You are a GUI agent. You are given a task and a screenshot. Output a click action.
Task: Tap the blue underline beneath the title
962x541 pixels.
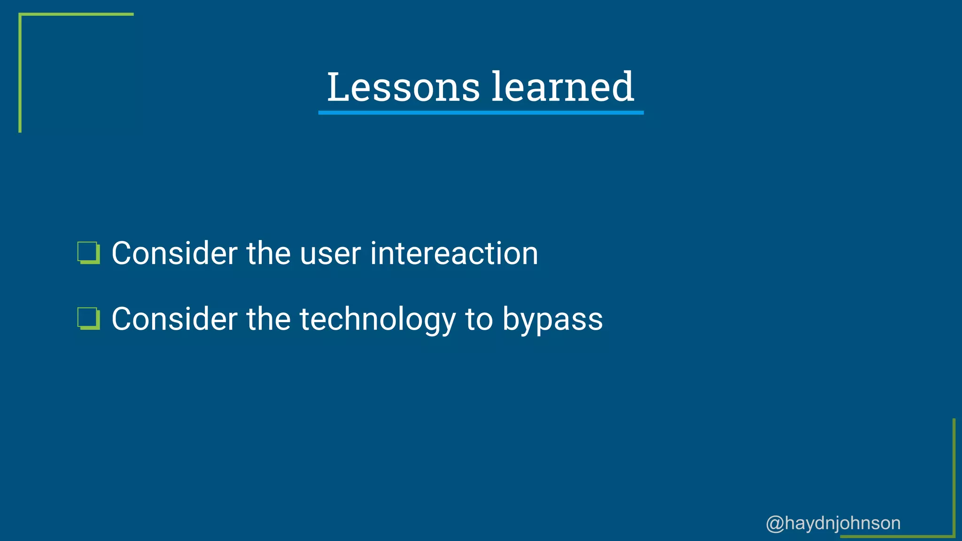click(x=481, y=113)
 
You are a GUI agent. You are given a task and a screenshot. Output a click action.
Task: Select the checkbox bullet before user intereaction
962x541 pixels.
click(x=88, y=253)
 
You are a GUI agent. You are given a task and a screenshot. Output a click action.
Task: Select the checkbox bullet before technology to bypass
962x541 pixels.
click(x=88, y=319)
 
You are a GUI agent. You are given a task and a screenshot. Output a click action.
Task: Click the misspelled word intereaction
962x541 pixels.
click(x=454, y=254)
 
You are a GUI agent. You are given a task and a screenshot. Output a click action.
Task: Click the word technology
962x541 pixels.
click(x=378, y=319)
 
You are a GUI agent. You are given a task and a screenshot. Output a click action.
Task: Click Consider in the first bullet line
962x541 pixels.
click(x=174, y=254)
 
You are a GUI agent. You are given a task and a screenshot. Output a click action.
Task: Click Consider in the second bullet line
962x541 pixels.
click(x=174, y=319)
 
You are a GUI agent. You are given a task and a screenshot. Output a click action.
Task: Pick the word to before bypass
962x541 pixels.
click(x=479, y=319)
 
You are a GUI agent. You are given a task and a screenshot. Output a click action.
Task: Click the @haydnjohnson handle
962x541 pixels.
click(x=833, y=523)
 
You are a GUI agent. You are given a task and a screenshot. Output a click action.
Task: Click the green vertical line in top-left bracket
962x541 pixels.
click(x=20, y=73)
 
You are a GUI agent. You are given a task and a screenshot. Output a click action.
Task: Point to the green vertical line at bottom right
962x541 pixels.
click(x=954, y=477)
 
